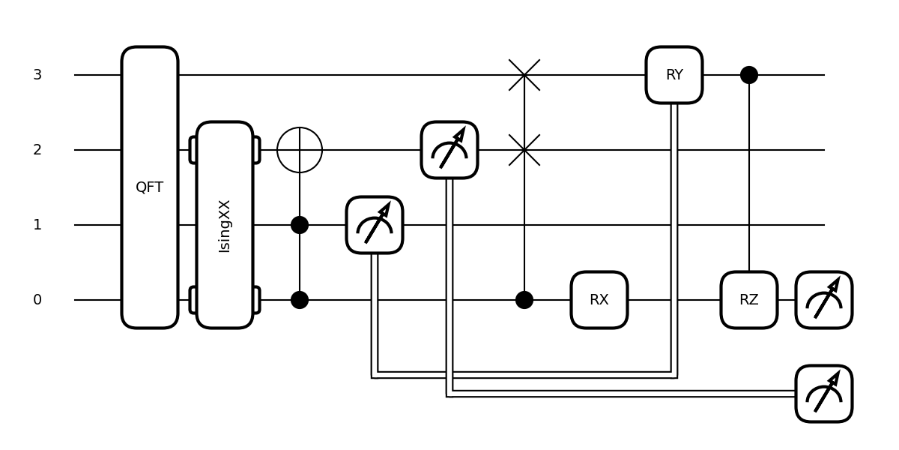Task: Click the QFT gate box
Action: [150, 187]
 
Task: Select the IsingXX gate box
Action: [225, 225]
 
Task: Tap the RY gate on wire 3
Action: [674, 75]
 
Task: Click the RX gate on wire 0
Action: [599, 300]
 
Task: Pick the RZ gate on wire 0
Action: [749, 300]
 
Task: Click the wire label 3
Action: [37, 75]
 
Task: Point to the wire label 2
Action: [37, 150]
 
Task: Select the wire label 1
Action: [37, 225]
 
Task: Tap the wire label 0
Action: [37, 300]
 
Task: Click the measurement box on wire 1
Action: [375, 225]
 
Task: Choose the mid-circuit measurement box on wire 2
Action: [449, 150]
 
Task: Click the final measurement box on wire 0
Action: [824, 300]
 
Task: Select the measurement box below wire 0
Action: [824, 394]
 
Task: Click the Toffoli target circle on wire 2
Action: [300, 150]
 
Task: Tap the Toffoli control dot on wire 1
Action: [300, 225]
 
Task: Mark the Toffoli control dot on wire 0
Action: [300, 300]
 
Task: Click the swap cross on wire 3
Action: [524, 75]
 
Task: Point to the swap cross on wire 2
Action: [524, 150]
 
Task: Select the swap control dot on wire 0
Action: [524, 300]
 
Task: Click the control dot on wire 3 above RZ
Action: [749, 75]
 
